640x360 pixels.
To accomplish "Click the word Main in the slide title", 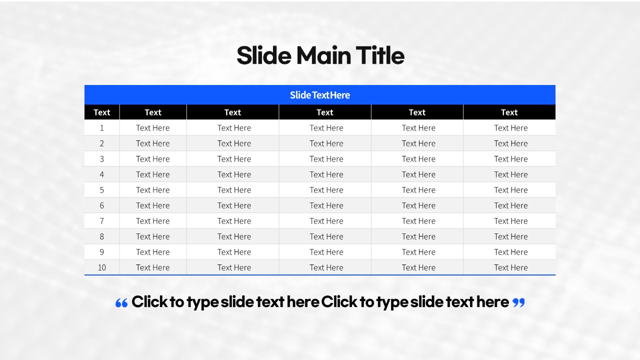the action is (323, 55).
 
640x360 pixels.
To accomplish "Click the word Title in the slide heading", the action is (380, 55).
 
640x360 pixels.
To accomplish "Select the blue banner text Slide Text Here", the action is (320, 95).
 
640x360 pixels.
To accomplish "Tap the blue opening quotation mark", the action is (121, 303).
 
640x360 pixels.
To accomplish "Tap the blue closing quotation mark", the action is (518, 302).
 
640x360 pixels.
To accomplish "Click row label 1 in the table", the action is (101, 128).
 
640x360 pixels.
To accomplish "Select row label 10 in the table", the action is (101, 267).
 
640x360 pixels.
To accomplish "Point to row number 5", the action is (101, 190).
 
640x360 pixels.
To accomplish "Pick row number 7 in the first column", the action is (101, 221).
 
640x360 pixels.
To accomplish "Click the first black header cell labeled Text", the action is (101, 112).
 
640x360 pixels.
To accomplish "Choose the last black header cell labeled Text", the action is (509, 112).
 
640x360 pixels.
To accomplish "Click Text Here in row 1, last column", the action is (511, 128).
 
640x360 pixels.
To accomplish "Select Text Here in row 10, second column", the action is (153, 267).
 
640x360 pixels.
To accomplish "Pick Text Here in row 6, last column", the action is (511, 205).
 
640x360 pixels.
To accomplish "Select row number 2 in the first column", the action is (101, 143).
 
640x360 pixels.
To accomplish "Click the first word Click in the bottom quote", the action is (149, 301).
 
